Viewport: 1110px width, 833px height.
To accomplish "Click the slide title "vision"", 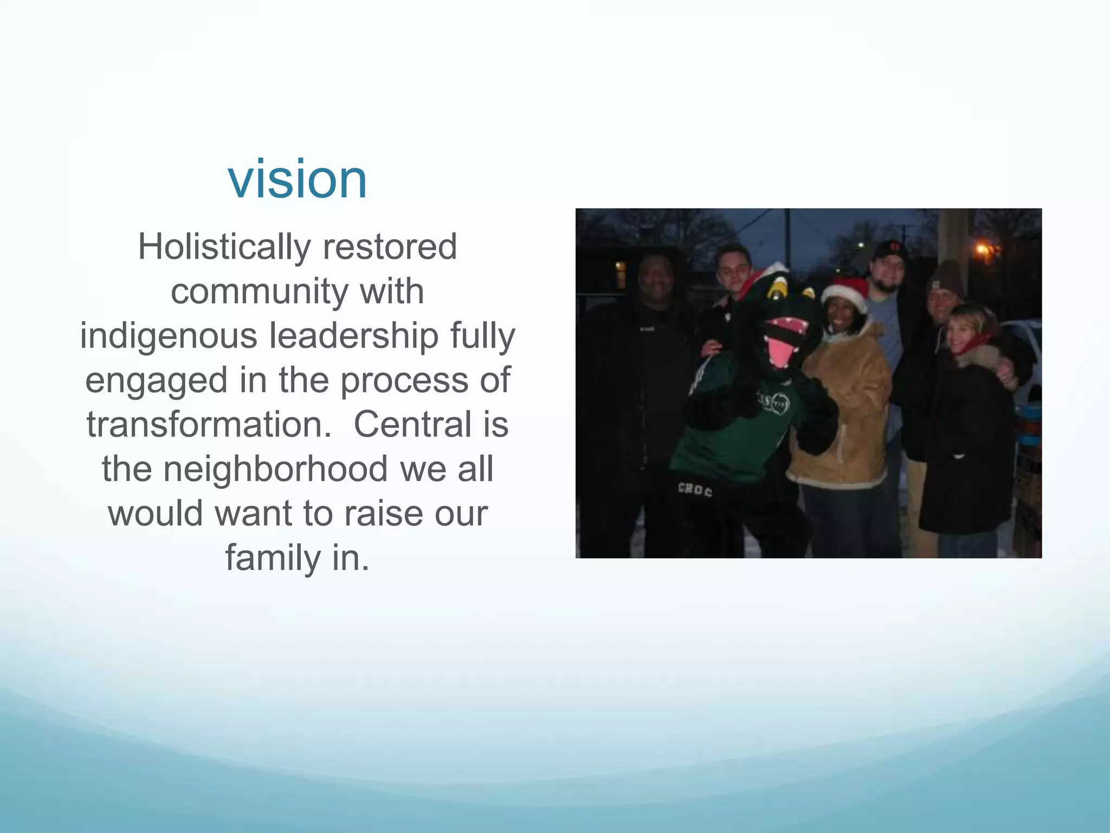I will click(x=298, y=179).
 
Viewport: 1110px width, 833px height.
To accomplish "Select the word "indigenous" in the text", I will click(x=169, y=336).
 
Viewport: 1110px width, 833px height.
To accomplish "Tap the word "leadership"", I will click(x=354, y=336).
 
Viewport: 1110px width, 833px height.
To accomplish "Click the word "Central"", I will click(x=413, y=425).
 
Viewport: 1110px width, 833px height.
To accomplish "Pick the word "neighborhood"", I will click(x=275, y=469).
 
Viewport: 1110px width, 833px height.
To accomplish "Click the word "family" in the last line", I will click(x=273, y=558).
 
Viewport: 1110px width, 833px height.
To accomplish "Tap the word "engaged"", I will click(x=156, y=380).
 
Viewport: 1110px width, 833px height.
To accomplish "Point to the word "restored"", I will click(x=390, y=247).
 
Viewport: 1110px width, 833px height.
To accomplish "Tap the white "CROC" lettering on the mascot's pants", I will click(x=695, y=490).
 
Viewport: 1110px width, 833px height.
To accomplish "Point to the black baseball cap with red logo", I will click(x=889, y=250).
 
